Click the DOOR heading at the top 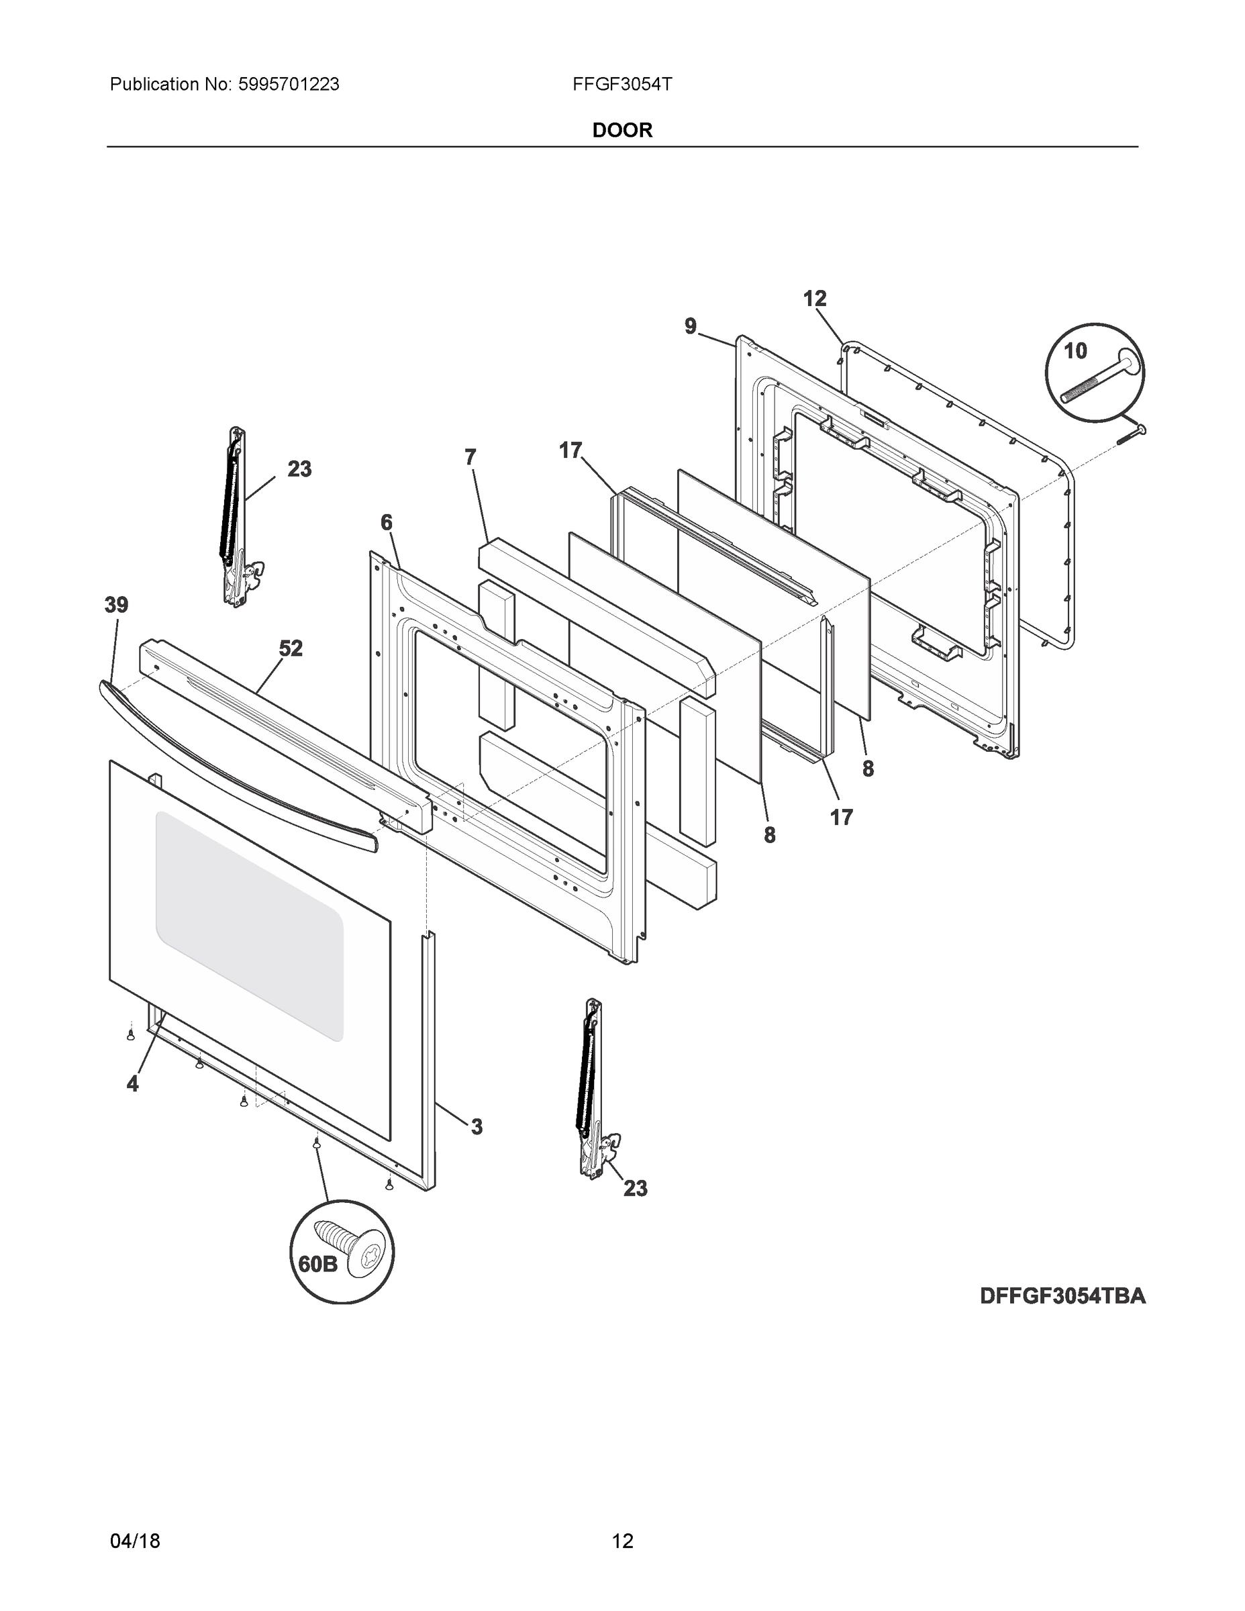621,131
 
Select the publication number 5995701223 289,85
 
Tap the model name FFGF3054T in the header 621,85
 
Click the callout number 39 116,605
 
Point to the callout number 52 291,648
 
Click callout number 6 387,523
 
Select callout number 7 470,457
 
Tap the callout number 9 691,326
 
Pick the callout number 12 814,299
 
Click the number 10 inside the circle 1075,351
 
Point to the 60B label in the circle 317,1265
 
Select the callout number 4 133,1083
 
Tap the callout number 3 477,1126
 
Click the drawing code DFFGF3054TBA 1062,1296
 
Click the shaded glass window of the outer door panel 248,926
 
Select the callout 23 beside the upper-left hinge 299,469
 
